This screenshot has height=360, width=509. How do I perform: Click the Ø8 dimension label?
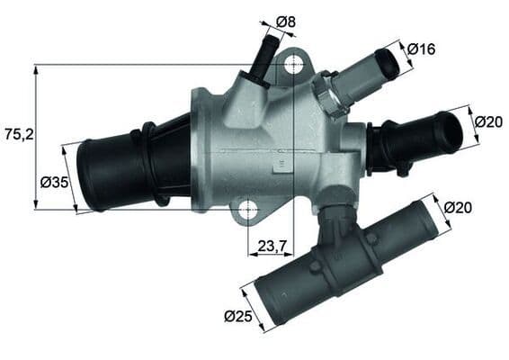pos(287,21)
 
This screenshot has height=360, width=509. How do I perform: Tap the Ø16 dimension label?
pos(421,49)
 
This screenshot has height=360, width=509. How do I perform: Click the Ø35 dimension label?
pos(55,183)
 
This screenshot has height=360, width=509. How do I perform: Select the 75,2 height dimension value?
pos(18,134)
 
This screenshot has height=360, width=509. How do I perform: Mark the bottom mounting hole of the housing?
pos(247,211)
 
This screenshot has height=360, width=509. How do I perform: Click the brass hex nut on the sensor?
pos(327,93)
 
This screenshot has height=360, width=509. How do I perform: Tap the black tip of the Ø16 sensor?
pos(388,63)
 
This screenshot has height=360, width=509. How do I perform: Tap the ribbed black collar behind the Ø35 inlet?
pos(147,162)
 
